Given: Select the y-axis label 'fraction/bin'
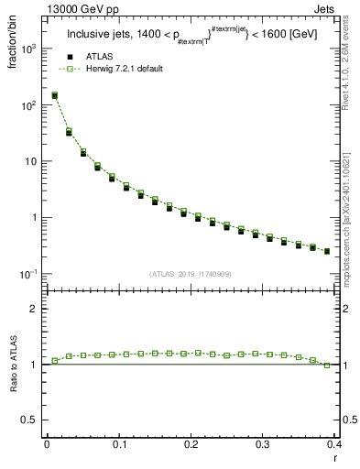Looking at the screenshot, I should tap(20, 40).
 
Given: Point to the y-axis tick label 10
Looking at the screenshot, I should tap(31, 162).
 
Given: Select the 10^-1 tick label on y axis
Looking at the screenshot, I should tap(28, 274).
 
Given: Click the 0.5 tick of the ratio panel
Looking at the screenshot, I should tap(31, 420).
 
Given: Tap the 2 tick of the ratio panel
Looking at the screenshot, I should tap(36, 309).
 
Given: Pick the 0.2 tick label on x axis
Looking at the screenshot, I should tap(191, 444).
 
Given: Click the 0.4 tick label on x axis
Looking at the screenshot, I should tap(333, 444).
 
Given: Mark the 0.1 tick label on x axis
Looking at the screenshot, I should tap(118, 444).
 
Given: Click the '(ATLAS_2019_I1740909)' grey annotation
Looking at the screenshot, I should tap(190, 274).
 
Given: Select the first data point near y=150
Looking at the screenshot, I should tap(54, 95).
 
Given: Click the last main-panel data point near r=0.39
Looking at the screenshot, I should tap(327, 251).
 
